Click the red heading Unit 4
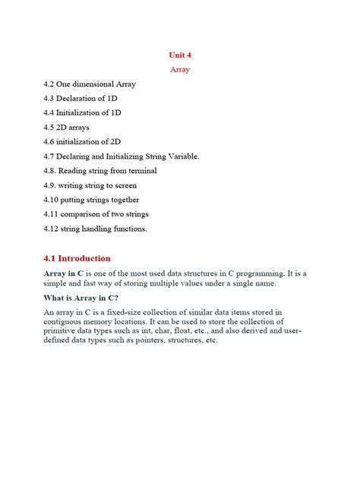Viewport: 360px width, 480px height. [x=180, y=55]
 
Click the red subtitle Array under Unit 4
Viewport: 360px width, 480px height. [x=180, y=69]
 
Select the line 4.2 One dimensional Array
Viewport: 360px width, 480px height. [x=89, y=84]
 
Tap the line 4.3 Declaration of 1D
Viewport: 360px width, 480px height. [x=80, y=99]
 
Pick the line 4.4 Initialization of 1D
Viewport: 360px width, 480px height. [x=81, y=113]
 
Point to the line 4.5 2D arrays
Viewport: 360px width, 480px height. [x=67, y=128]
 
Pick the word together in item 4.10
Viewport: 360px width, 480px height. [x=122, y=200]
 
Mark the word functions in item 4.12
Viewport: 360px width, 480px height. [x=126, y=229]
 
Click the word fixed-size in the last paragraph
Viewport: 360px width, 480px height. [x=122, y=311]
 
